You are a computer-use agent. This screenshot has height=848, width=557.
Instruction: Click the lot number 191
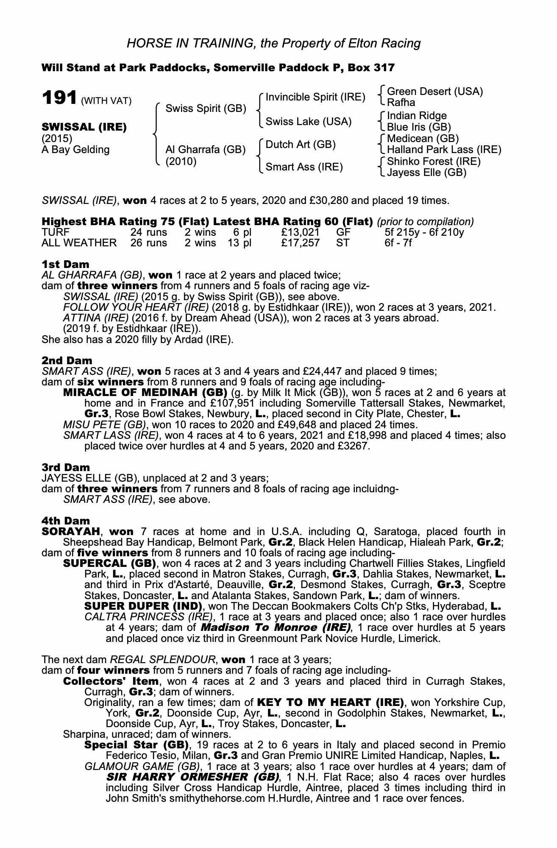[59, 98]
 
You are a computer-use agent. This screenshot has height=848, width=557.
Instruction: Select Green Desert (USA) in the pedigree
[435, 92]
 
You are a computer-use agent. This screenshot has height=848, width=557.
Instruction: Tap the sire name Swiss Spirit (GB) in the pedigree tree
[206, 109]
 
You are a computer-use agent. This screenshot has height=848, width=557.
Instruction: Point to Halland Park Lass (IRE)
[444, 150]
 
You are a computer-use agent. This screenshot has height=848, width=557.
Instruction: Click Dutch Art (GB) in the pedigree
[301, 145]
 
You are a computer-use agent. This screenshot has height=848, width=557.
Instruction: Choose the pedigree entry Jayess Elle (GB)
[426, 173]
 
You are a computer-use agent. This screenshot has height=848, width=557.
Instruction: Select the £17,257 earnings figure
[300, 243]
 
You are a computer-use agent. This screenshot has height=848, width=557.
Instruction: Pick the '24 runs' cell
[149, 232]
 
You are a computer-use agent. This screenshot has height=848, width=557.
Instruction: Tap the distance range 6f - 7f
[398, 243]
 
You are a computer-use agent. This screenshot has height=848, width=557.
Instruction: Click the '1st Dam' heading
[66, 265]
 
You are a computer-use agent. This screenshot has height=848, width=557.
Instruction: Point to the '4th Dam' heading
[66, 520]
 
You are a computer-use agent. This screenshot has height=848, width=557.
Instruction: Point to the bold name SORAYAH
[70, 531]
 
